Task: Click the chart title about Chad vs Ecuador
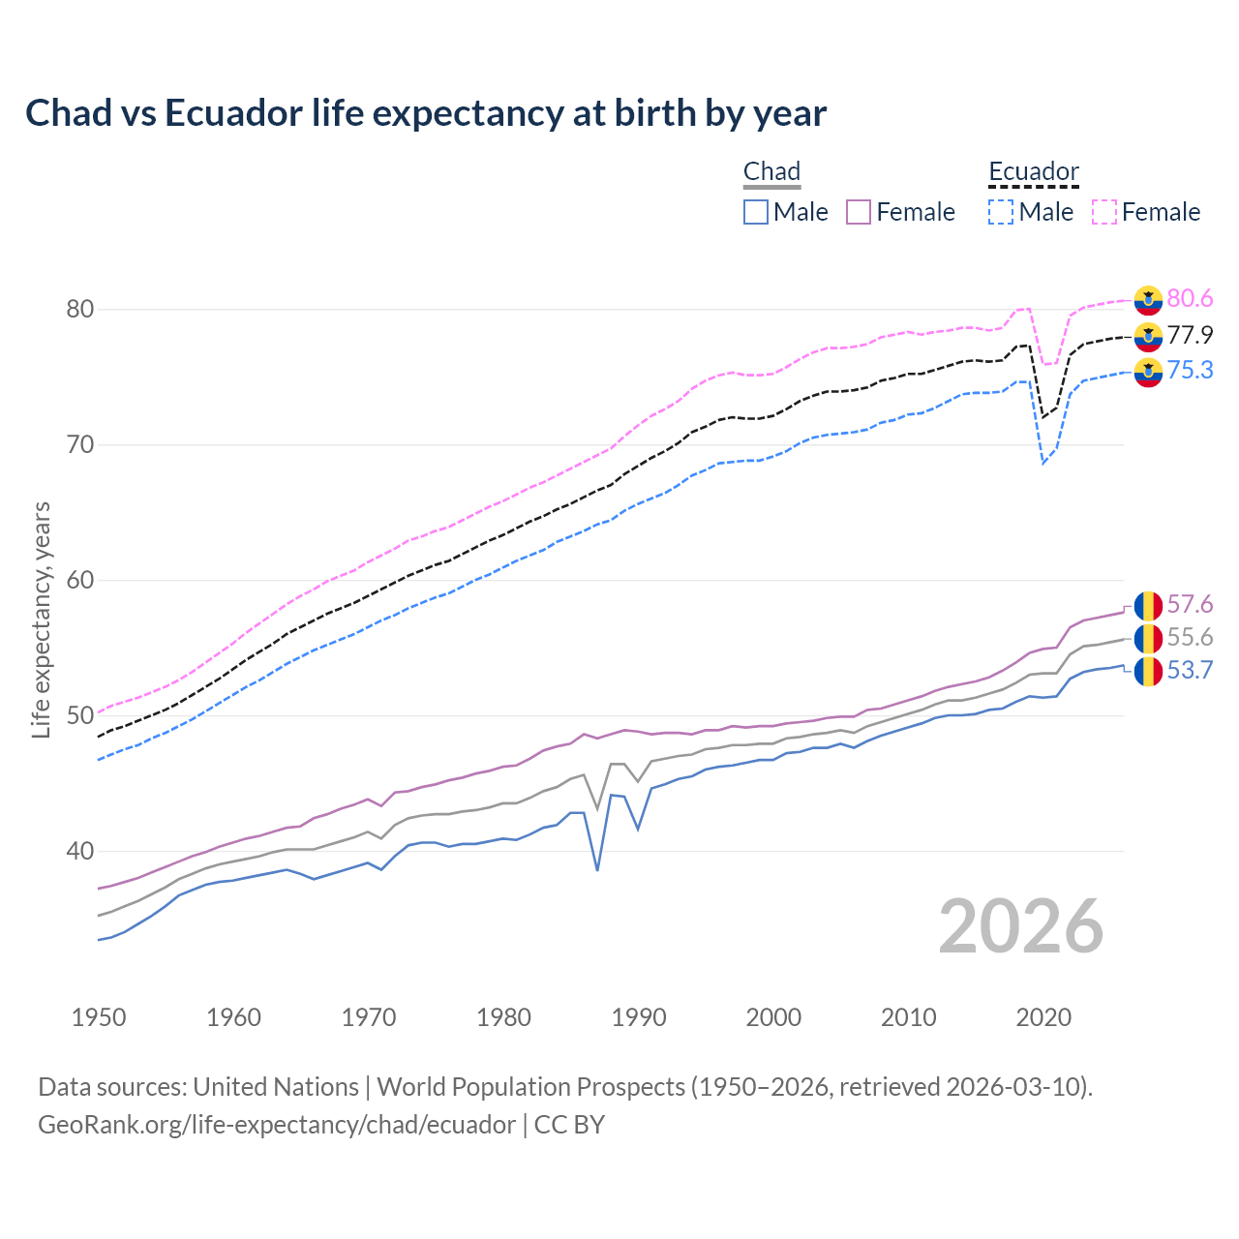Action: [x=426, y=113]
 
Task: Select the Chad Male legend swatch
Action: [x=756, y=212]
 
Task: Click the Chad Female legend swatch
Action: [x=859, y=212]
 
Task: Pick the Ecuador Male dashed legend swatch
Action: [x=1001, y=212]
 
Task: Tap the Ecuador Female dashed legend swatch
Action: [x=1104, y=212]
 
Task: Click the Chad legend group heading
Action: [x=771, y=172]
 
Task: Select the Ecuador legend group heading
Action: [x=1033, y=172]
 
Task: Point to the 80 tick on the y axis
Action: [x=79, y=310]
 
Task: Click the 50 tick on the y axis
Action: [x=79, y=716]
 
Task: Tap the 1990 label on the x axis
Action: [x=639, y=1017]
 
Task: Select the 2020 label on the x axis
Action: [x=1043, y=1017]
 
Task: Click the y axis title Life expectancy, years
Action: [x=41, y=619]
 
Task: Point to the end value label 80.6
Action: [x=1190, y=299]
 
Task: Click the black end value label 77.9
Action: [x=1190, y=335]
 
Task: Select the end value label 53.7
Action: [x=1190, y=670]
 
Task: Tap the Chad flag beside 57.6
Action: [x=1148, y=605]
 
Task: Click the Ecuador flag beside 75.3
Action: [x=1148, y=371]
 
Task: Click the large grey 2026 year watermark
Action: [x=1021, y=926]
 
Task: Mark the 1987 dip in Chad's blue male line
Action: [x=597, y=869]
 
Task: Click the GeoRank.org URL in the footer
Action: [x=277, y=1124]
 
